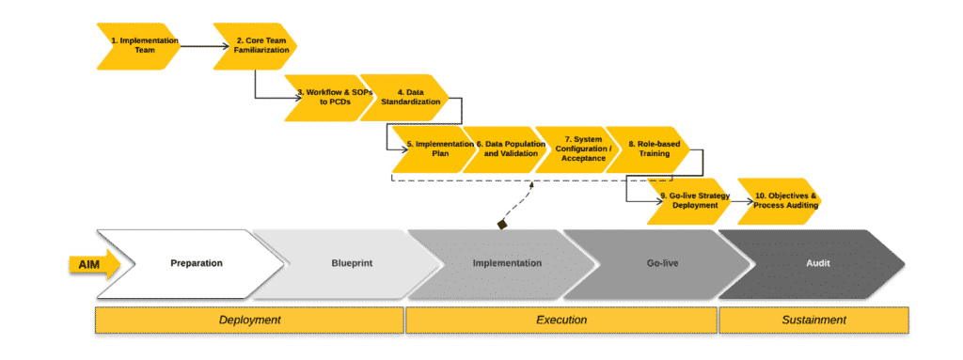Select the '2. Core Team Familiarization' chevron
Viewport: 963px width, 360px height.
[255, 46]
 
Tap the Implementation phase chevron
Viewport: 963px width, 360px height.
[506, 263]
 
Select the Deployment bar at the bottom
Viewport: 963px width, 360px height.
[249, 320]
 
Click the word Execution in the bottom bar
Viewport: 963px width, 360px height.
[560, 320]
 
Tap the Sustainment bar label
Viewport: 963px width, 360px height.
[814, 320]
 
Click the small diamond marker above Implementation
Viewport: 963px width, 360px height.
[502, 224]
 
